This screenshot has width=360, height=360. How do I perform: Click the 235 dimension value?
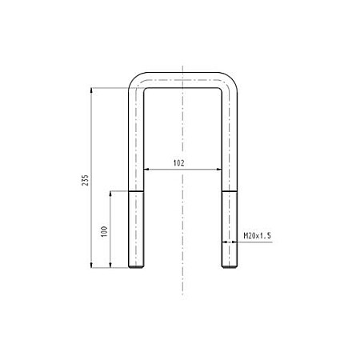point(85,180)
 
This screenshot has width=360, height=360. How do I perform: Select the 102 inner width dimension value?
point(178,163)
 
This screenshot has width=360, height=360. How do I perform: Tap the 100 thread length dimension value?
point(104,231)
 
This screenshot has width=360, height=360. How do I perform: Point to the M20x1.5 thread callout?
point(257,236)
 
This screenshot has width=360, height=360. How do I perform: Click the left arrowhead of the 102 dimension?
point(146,169)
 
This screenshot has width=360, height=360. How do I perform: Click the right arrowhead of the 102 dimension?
point(219,169)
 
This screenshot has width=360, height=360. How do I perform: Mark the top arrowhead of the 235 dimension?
point(91,90)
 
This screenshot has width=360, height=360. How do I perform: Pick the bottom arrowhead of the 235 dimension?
point(91,265)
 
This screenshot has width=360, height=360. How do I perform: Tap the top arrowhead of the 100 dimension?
point(110,194)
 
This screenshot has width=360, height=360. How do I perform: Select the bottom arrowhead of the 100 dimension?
point(110,265)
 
